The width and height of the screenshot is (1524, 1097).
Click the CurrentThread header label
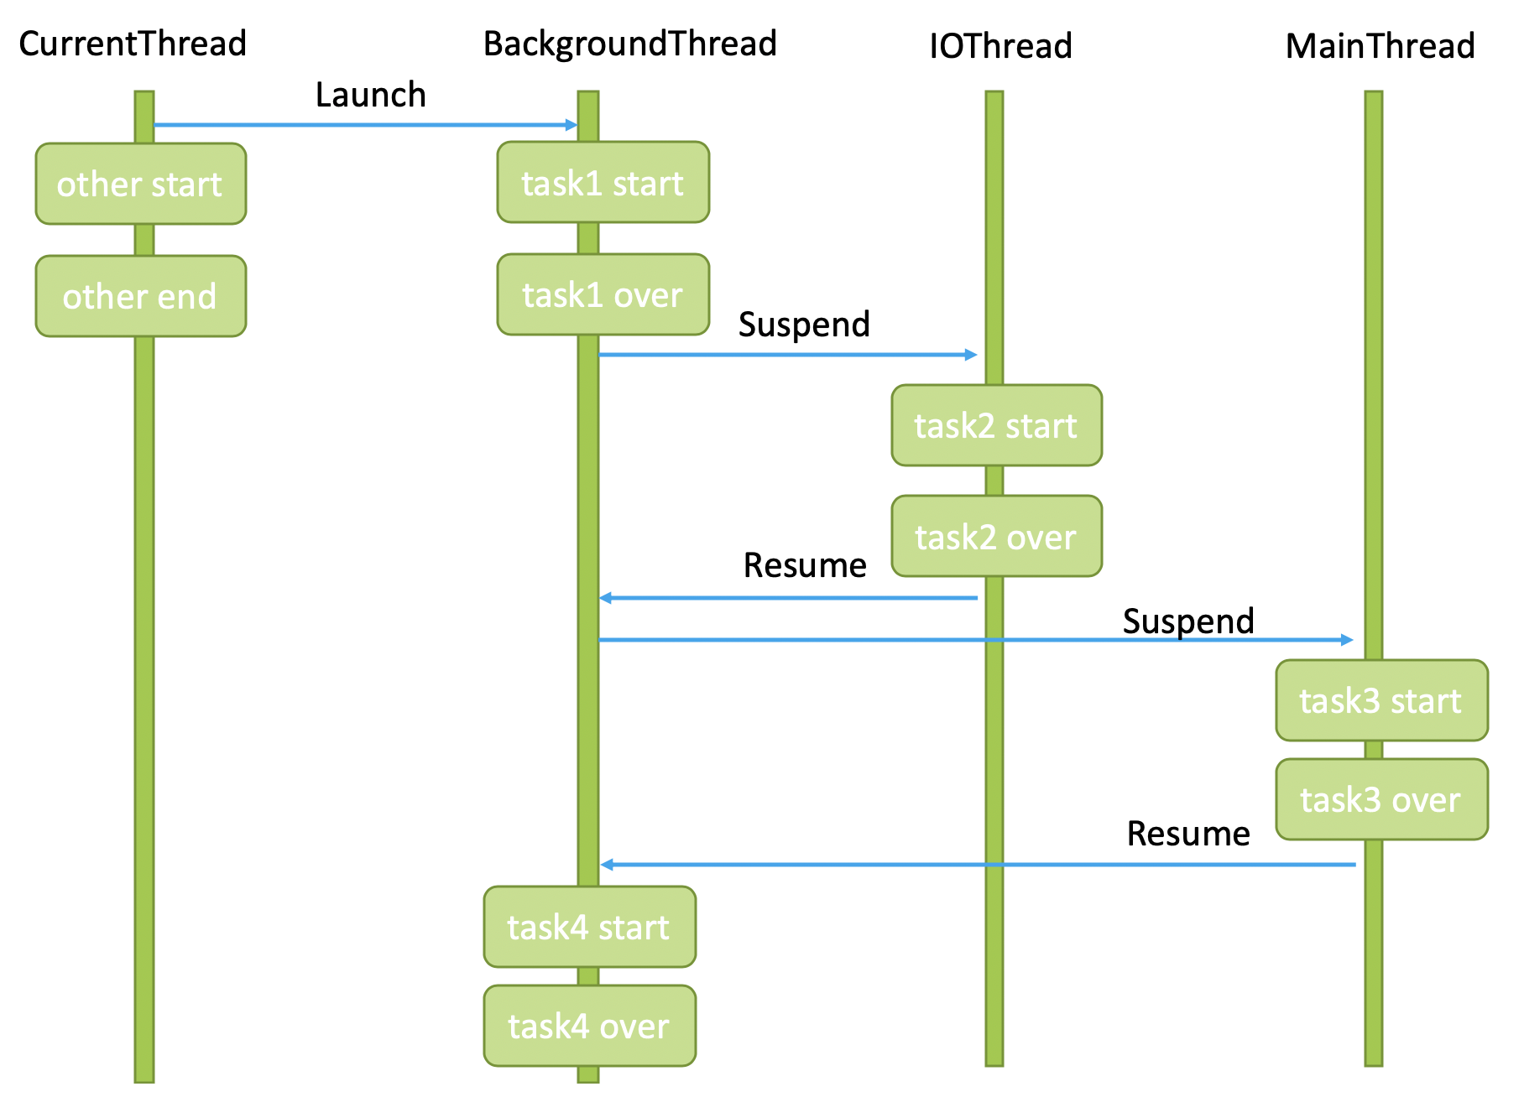click(133, 44)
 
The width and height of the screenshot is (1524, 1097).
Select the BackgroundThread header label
click(629, 44)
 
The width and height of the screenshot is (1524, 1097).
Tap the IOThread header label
click(1000, 46)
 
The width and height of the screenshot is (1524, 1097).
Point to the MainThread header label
click(1380, 46)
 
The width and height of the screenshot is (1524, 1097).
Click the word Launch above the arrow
click(370, 95)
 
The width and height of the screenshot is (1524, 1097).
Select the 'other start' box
click(140, 184)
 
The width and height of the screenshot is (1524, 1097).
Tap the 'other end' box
click(140, 296)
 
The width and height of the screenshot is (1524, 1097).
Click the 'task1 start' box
click(603, 183)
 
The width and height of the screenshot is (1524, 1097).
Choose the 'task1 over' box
click(603, 294)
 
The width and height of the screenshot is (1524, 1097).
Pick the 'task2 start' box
click(996, 425)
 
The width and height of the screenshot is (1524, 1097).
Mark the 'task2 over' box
click(996, 536)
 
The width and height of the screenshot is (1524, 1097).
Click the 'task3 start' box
click(1381, 700)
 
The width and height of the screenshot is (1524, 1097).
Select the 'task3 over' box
click(1381, 799)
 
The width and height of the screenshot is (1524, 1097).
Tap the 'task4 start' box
click(589, 927)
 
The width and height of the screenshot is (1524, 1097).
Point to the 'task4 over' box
click(589, 1026)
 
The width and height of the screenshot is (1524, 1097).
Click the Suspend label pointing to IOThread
click(804, 325)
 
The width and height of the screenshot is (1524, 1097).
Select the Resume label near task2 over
click(804, 565)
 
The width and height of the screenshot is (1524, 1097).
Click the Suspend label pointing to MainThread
click(1187, 621)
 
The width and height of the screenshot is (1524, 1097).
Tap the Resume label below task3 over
click(1187, 834)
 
